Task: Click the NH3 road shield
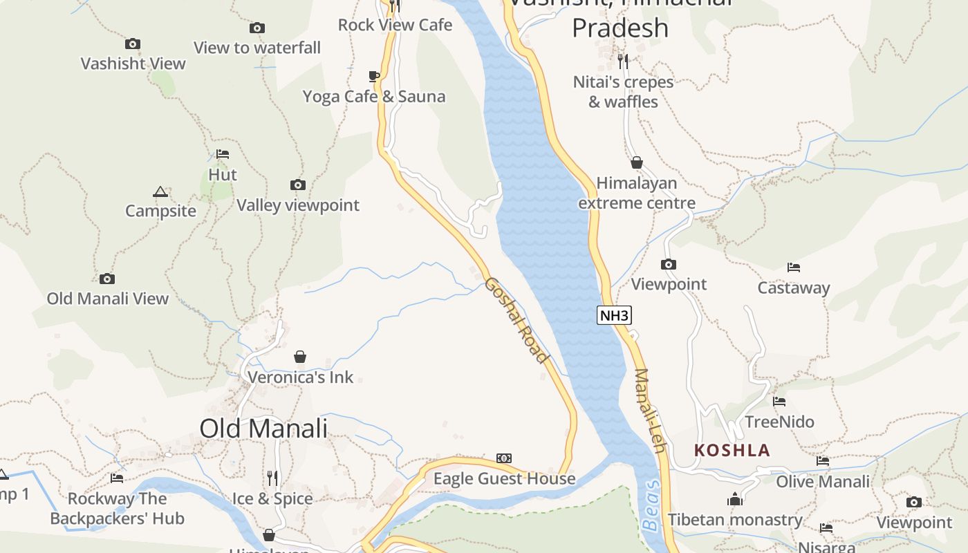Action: [614, 316]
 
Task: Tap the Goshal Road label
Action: [516, 319]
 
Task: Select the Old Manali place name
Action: [263, 428]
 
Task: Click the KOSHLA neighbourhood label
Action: [732, 451]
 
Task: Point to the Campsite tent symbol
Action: [160, 191]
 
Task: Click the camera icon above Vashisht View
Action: [133, 44]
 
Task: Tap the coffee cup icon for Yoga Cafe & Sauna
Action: [374, 76]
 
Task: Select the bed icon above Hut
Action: [222, 154]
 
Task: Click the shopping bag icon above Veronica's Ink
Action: [300, 357]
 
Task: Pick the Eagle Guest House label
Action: [504, 478]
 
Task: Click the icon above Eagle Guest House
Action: [504, 458]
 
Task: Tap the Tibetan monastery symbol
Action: [734, 499]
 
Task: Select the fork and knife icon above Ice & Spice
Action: [272, 478]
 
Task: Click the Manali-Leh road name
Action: [649, 411]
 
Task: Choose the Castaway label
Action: [793, 288]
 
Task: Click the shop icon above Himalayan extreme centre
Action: [637, 163]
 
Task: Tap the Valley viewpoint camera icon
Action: [298, 185]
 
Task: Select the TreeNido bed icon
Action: [779, 402]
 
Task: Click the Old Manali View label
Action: [108, 299]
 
